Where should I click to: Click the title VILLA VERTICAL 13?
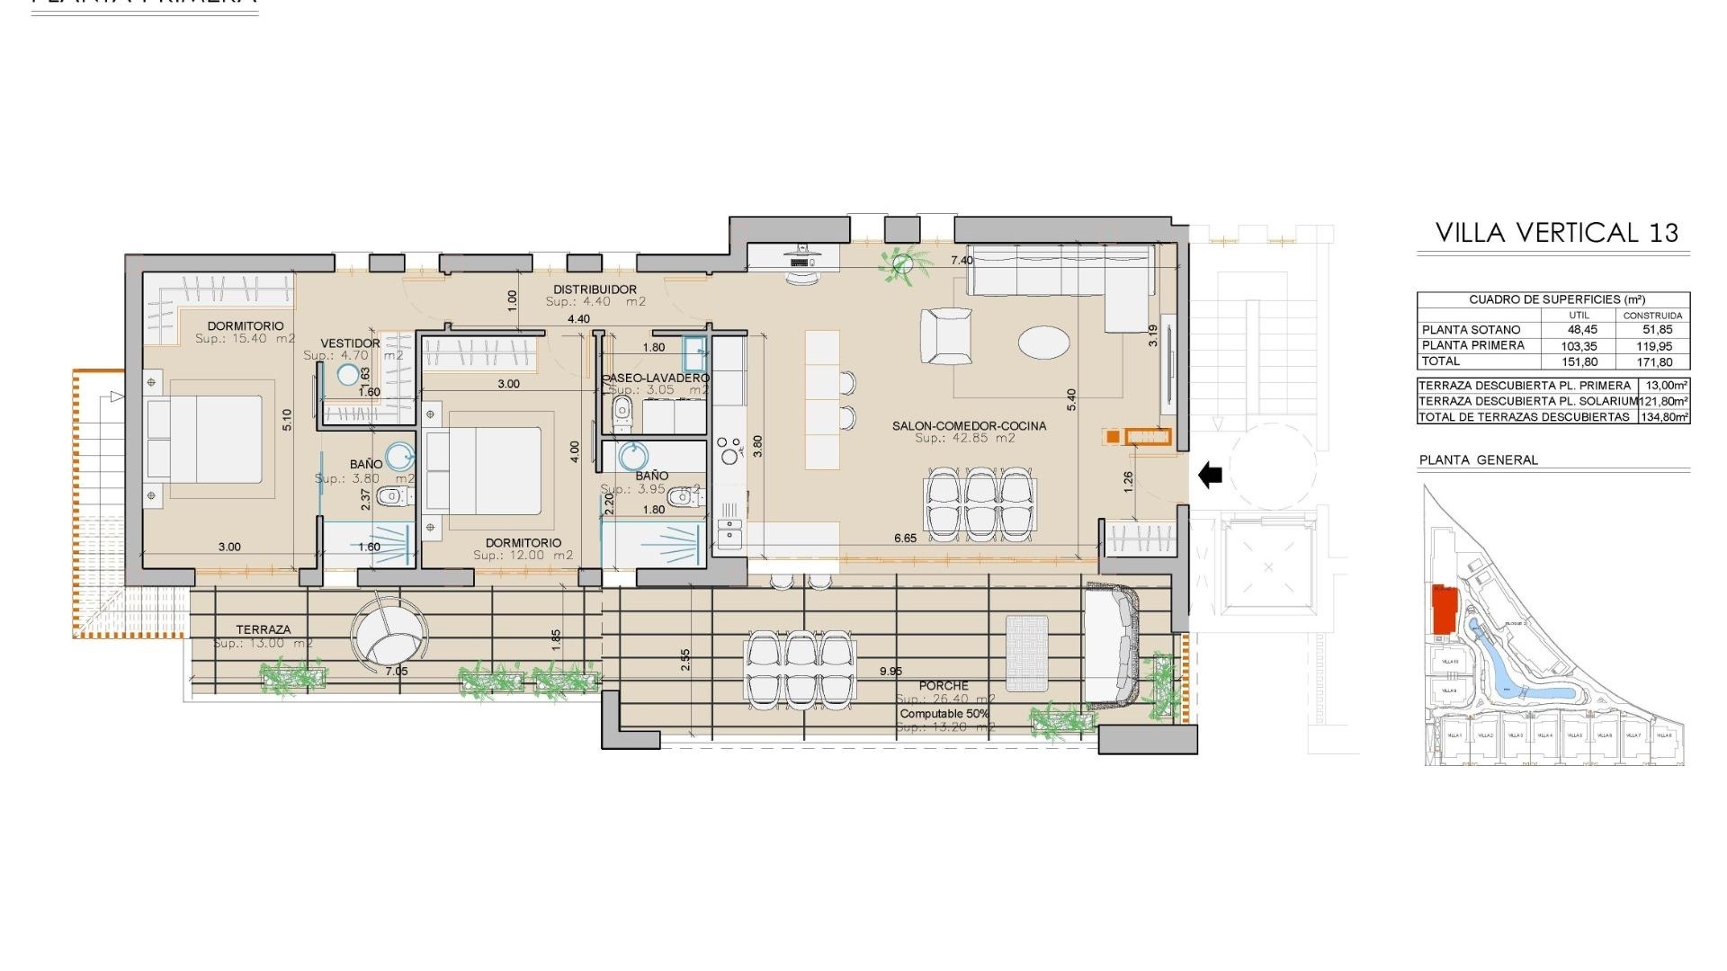pyautogui.click(x=1556, y=233)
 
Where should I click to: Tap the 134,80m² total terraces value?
pyautogui.click(x=1663, y=417)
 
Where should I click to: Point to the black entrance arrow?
pyautogui.click(x=1211, y=474)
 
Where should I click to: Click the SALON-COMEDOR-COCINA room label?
pyautogui.click(x=969, y=426)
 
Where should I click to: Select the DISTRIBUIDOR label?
pyautogui.click(x=595, y=290)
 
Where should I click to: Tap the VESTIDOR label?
pyautogui.click(x=350, y=343)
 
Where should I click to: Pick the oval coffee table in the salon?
pyautogui.click(x=1043, y=343)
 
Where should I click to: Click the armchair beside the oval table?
pyautogui.click(x=946, y=335)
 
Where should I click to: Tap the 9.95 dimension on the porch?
pyautogui.click(x=890, y=672)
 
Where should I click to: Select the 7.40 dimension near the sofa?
pyautogui.click(x=962, y=261)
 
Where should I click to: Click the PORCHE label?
pyautogui.click(x=944, y=686)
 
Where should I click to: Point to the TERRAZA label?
pyautogui.click(x=264, y=630)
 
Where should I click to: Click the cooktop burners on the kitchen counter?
pyautogui.click(x=728, y=449)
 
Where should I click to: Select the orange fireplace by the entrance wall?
pyautogui.click(x=1147, y=437)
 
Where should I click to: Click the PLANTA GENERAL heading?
pyautogui.click(x=1478, y=459)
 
